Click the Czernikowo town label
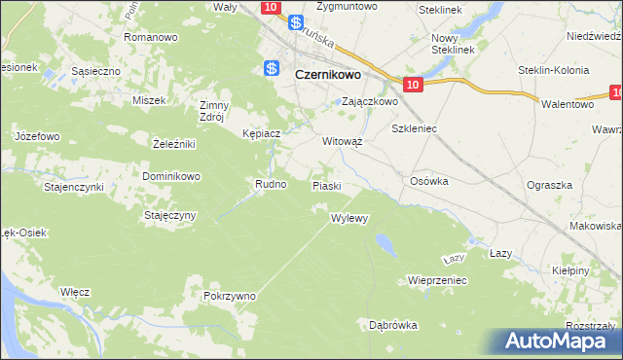point(327,72)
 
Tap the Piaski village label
point(325,185)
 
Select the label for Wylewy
point(349,218)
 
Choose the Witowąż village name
point(343,140)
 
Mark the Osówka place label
point(428,181)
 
